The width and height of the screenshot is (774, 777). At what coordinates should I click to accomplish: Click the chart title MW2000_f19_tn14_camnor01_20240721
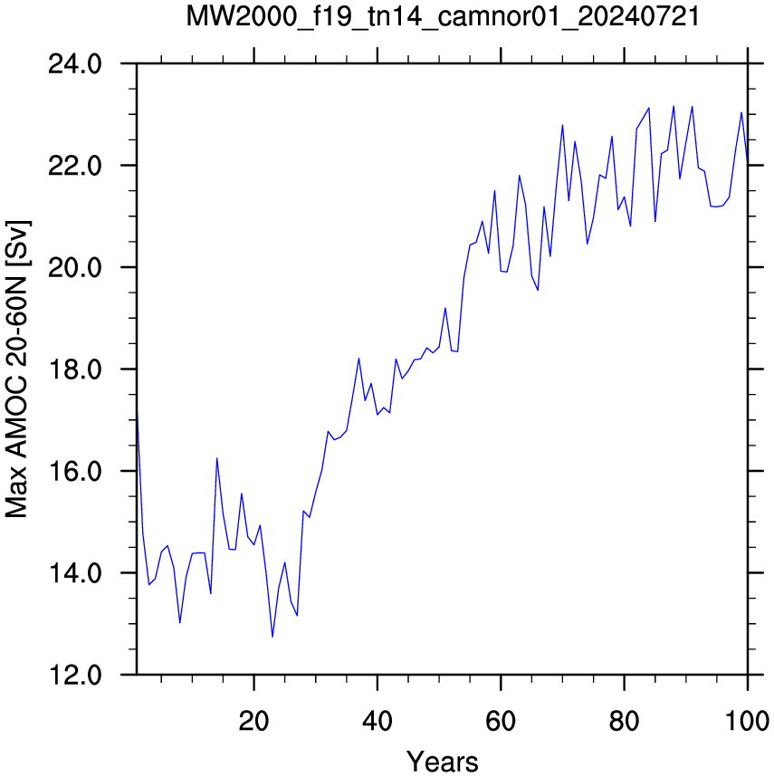[443, 17]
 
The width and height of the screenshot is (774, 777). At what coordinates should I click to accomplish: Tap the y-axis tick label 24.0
[75, 64]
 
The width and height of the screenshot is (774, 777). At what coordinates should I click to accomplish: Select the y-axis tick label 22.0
[75, 166]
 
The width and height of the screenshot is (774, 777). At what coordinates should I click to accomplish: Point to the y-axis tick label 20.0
[75, 268]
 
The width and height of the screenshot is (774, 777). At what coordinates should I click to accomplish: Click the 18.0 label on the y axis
[75, 369]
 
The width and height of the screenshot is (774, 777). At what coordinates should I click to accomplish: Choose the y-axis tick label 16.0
[75, 471]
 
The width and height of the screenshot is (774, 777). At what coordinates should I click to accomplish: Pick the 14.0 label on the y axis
[75, 573]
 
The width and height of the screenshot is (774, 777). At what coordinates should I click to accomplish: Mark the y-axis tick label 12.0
[75, 675]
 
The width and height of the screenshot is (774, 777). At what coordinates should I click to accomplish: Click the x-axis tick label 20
[253, 721]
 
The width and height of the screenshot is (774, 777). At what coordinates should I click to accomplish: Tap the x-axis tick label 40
[377, 721]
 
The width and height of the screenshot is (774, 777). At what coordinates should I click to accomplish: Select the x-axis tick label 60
[501, 721]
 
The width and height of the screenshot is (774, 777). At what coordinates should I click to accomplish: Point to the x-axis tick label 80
[624, 721]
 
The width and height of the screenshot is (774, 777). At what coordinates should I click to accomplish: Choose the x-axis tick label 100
[748, 721]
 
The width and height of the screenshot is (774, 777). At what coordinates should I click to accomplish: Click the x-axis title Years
[442, 762]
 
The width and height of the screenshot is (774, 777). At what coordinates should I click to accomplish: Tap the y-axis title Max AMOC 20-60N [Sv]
[17, 369]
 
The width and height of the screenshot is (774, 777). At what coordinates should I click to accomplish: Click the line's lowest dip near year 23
[272, 637]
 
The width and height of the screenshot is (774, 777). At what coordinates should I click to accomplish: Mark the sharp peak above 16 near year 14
[217, 458]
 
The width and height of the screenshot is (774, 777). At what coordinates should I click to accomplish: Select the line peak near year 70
[562, 125]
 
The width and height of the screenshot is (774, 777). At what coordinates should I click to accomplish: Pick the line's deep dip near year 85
[655, 222]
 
